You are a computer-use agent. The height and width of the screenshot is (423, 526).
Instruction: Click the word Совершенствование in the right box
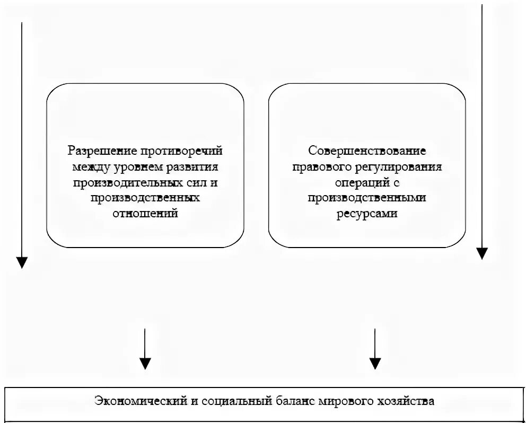click(x=367, y=151)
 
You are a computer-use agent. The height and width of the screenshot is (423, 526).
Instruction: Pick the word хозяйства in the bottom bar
click(x=406, y=401)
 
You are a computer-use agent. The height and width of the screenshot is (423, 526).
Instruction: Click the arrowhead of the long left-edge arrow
click(x=22, y=262)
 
